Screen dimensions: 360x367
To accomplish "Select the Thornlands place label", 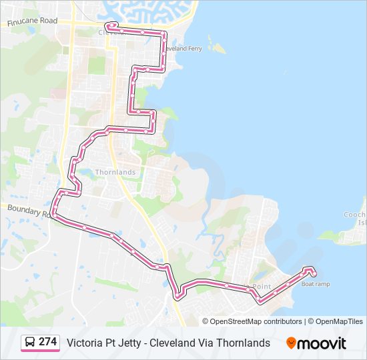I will pyautogui.click(x=115, y=172).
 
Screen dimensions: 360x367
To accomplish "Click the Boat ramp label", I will pyautogui.click(x=315, y=284).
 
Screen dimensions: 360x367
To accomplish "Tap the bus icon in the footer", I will pyautogui.click(x=30, y=342).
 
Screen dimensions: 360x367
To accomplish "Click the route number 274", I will pyautogui.click(x=47, y=342).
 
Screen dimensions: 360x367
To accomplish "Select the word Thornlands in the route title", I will pyautogui.click(x=244, y=343).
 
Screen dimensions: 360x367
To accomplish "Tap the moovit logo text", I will pyautogui.click(x=322, y=343).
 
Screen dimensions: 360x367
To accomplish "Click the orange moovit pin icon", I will pyautogui.click(x=291, y=343).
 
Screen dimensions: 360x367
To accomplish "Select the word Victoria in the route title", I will pyautogui.click(x=84, y=343).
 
